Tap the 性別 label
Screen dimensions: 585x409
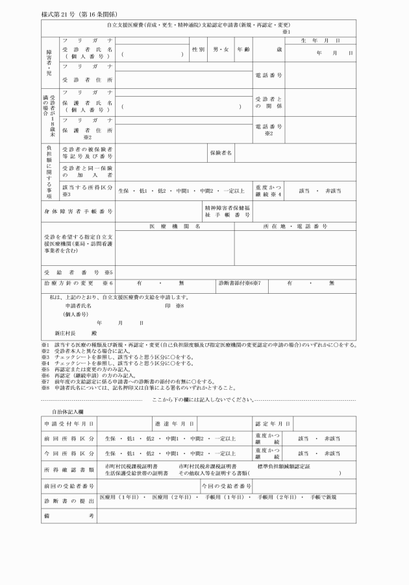point(198,49)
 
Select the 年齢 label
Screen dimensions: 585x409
point(243,49)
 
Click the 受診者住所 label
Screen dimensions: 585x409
point(87,80)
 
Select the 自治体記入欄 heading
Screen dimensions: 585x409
point(68,411)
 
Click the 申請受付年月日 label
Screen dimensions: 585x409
point(69,424)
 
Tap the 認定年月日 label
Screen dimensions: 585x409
point(271,424)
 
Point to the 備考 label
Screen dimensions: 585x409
point(69,514)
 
